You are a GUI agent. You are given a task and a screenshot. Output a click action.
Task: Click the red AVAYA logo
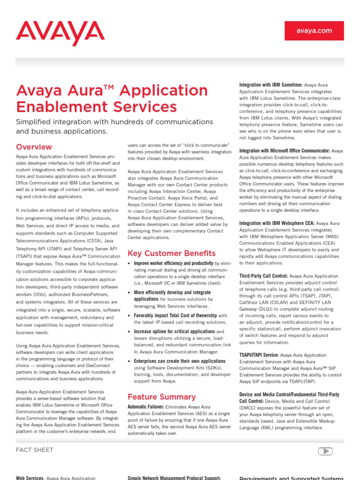point(60,33)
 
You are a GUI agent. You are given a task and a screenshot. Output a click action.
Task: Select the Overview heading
point(34,147)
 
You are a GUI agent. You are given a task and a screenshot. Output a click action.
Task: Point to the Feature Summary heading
point(161,397)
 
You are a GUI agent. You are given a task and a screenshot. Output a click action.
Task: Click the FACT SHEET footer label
point(35,450)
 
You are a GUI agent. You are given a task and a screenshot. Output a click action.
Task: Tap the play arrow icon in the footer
point(325,451)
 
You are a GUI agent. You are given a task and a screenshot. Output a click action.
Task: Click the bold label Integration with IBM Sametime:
point(270,85)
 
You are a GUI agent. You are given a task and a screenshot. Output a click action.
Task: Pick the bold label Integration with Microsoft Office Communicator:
point(284,151)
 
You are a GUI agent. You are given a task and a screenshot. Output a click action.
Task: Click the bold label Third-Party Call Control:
point(263,277)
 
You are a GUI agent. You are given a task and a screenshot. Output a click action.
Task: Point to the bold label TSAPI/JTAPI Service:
point(259,355)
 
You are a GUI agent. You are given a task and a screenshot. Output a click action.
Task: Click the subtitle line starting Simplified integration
point(114,122)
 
